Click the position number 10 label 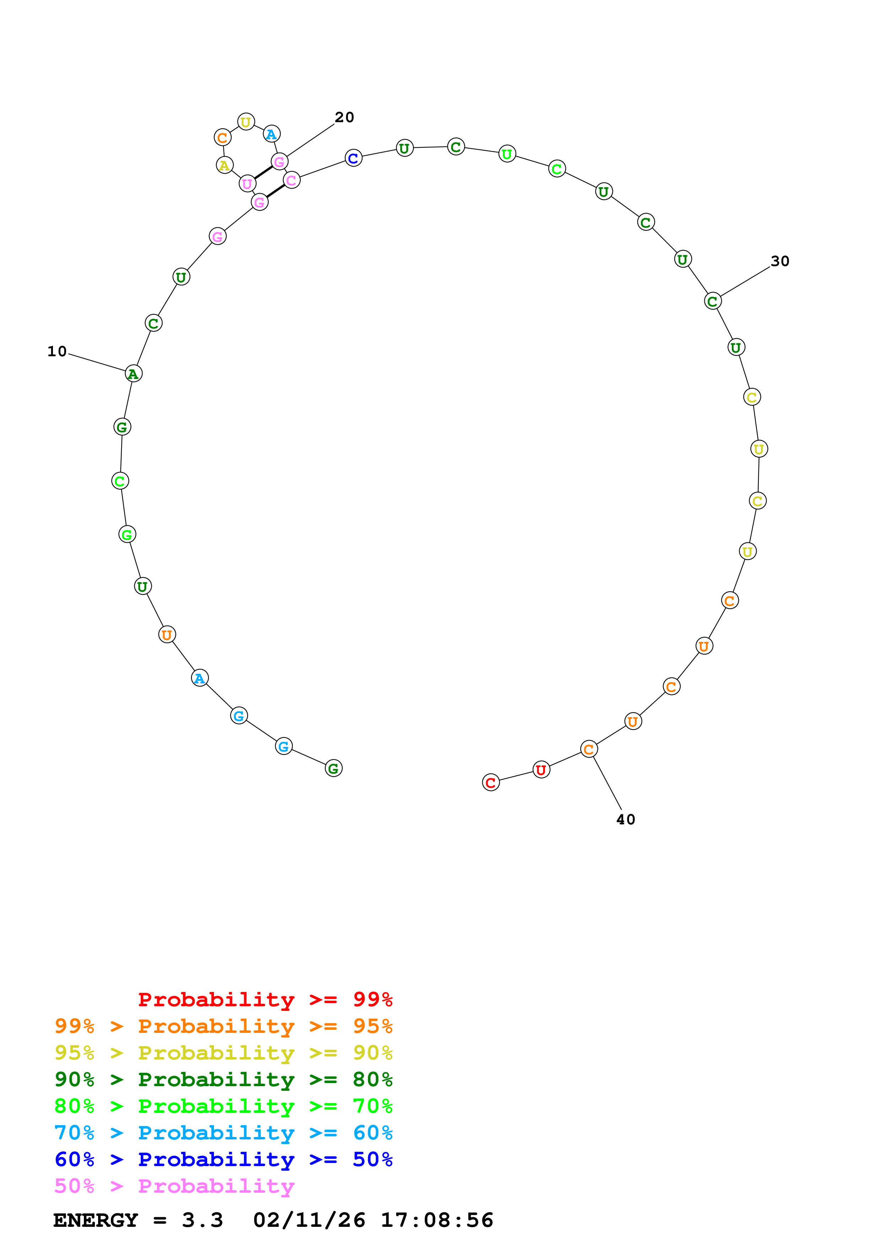[57, 351]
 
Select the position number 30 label [779, 261]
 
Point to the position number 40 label [625, 819]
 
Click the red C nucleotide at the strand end [491, 782]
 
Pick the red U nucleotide [541, 770]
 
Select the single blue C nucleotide [353, 158]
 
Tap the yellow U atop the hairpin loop [246, 122]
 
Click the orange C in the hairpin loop [222, 138]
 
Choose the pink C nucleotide [291, 180]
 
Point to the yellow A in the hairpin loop [225, 165]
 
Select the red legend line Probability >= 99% [265, 999]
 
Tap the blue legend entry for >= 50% [223, 1159]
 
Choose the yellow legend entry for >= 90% [223, 1053]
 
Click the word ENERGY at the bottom [96, 1220]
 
